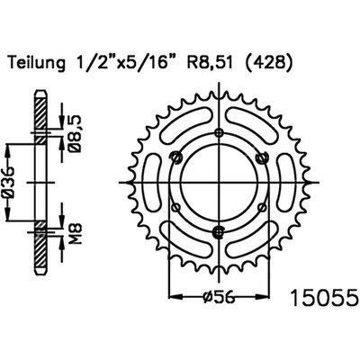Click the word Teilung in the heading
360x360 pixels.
37,64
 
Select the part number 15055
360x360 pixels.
325,298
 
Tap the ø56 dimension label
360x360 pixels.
219,297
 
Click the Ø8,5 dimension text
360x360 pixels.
76,134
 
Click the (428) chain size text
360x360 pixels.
267,64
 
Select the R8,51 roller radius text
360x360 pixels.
209,64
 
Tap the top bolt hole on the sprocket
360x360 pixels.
220,132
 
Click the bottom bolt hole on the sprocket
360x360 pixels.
220,231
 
